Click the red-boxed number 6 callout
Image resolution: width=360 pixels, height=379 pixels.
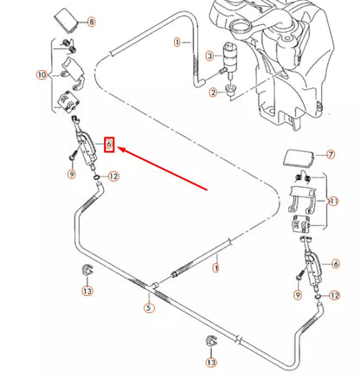coord(109,144)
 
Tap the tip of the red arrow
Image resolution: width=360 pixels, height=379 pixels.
coord(119,148)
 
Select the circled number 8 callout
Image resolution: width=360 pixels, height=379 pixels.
coord(92,21)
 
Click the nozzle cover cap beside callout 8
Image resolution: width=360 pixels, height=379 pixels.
coord(67,19)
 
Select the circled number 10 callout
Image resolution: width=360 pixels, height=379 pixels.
coord(42,75)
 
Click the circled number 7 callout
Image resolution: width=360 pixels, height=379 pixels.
coord(329,155)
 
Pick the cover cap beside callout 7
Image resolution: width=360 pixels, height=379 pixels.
coord(299,158)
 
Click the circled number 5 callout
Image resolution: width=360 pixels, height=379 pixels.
coord(150,306)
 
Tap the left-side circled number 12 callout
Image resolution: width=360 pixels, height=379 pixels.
coord(112,177)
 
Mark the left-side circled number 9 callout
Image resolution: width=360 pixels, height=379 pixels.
coord(72,175)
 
